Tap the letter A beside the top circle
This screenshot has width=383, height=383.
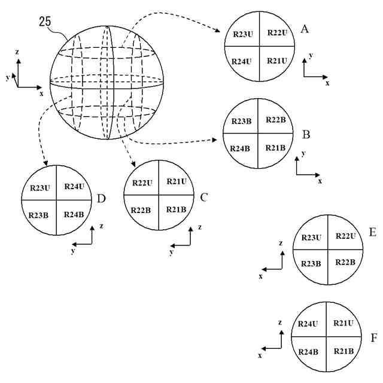305,29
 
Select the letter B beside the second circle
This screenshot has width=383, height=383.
305,134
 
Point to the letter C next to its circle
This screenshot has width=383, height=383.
204,197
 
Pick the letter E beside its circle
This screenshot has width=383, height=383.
372,233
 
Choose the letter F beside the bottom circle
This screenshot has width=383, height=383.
373,338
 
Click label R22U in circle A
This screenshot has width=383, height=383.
278,32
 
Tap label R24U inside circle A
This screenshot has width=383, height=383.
242,61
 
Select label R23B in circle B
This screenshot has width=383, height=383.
241,121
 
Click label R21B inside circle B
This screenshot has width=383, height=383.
276,148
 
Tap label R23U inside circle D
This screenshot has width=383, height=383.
40,187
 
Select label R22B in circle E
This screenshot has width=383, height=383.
346,263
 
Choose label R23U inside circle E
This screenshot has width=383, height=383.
312,238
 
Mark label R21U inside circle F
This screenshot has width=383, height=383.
344,324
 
